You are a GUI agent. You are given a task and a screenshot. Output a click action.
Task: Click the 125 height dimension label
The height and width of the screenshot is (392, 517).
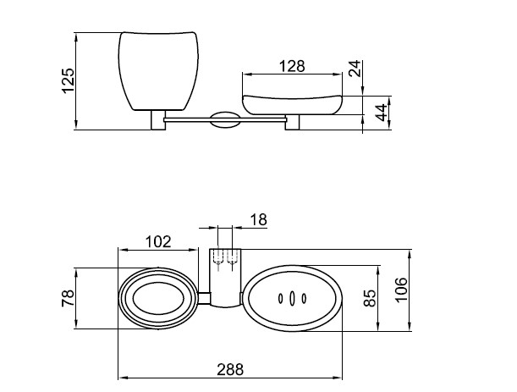click(68, 80)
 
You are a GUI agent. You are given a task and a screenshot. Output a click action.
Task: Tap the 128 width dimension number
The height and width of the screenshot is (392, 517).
click(292, 66)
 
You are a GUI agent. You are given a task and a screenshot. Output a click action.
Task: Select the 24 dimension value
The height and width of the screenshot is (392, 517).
click(355, 69)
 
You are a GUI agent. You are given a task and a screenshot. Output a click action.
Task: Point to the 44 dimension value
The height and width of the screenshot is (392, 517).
click(381, 113)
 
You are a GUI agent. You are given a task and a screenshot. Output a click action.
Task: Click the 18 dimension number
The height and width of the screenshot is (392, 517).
click(259, 220)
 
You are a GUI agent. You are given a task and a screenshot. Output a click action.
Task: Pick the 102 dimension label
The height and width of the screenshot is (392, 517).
click(158, 242)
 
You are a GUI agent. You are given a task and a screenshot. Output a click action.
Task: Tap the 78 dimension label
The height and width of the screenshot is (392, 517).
click(68, 298)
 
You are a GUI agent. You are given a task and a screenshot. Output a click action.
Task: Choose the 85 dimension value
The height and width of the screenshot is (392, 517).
click(370, 298)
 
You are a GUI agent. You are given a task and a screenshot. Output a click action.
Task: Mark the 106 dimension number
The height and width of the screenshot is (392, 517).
click(401, 290)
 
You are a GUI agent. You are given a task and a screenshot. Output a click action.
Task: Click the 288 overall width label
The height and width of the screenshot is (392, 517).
click(230, 369)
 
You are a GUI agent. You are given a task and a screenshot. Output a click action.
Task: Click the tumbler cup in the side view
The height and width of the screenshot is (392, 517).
click(158, 71)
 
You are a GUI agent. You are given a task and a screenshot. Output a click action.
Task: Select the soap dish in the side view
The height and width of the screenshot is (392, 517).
click(293, 105)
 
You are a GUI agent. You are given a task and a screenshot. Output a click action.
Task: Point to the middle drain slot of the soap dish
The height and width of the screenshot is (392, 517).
click(292, 298)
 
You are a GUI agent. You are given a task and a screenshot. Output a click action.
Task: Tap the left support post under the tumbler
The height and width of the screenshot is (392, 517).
click(158, 120)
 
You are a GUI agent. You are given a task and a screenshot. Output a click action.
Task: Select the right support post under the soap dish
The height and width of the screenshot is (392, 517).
click(292, 123)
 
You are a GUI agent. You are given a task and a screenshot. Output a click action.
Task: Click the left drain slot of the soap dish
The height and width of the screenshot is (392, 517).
click(281, 298)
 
